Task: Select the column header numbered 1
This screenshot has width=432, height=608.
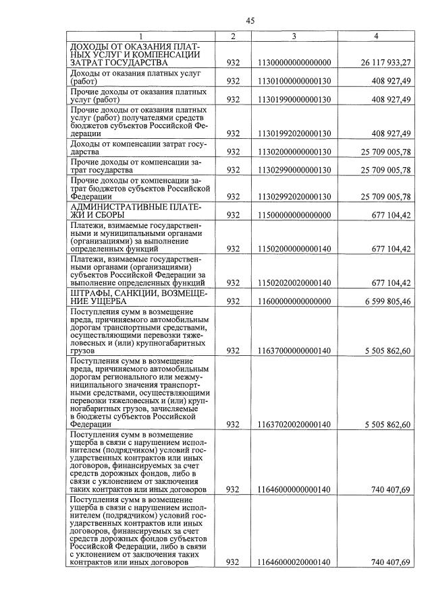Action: [141, 36]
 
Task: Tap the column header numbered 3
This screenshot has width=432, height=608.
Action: [294, 36]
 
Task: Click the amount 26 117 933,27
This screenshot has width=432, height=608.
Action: [382, 63]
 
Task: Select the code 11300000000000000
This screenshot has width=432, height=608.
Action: [294, 63]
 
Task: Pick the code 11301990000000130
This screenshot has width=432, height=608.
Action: [294, 99]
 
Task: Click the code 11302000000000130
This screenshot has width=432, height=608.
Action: [294, 152]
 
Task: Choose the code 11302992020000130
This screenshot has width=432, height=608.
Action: [294, 196]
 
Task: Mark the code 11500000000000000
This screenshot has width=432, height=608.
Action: [294, 215]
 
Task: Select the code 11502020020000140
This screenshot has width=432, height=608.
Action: [294, 282]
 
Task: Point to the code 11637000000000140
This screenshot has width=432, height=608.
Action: [294, 351]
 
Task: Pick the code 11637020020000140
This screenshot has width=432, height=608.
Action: [294, 424]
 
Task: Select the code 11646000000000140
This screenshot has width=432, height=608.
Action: [294, 489]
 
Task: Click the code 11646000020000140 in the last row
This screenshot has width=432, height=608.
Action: [294, 562]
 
